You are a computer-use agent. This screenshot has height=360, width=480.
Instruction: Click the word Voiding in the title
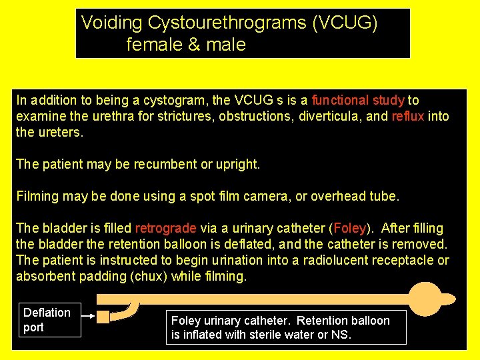[112, 23]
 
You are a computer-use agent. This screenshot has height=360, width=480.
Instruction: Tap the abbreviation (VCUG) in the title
[345, 23]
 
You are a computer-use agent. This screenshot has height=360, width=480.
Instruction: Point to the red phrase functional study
[358, 101]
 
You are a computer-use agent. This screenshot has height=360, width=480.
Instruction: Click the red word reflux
[408, 117]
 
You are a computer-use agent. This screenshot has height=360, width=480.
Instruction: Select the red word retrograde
[166, 229]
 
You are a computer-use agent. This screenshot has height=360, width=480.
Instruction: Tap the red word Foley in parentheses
[349, 229]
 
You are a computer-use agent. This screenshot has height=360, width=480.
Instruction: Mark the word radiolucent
[337, 261]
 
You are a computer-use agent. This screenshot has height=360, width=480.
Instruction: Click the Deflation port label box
[49, 320]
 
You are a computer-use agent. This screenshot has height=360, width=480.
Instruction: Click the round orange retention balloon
[425, 299]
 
